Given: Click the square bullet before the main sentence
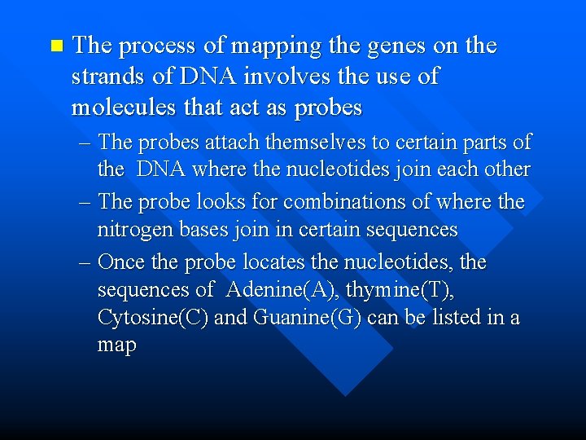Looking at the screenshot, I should pos(55,46).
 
